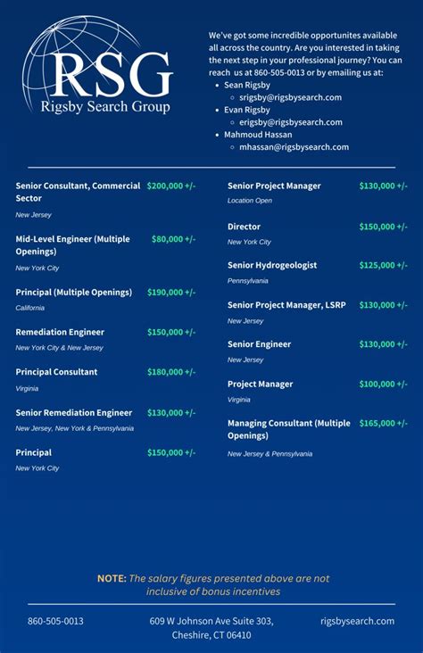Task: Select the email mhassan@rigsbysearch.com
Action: (294, 147)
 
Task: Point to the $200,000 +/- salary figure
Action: (171, 186)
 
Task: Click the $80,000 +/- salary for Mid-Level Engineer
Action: (173, 239)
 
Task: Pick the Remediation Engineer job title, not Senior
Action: (60, 332)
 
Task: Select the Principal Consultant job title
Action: (56, 372)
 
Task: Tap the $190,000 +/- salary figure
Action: (171, 293)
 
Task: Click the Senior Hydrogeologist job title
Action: (272, 265)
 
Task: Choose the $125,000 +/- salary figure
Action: (383, 265)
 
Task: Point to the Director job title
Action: (244, 227)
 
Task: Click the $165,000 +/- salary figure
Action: (383, 424)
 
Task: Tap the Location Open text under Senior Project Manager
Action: (250, 201)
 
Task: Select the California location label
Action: (29, 308)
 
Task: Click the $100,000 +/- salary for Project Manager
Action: (383, 384)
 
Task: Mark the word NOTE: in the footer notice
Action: (112, 578)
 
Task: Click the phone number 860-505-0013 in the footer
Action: (55, 621)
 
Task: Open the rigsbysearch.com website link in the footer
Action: (357, 621)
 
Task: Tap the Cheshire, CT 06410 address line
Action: (211, 635)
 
